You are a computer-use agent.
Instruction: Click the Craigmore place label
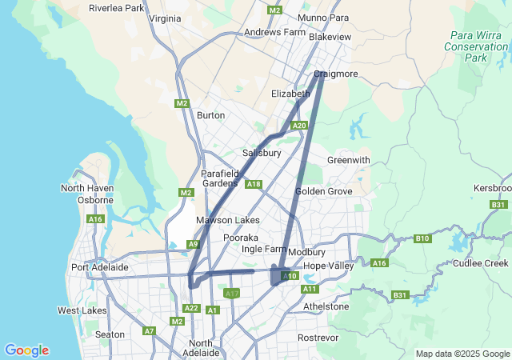pyautogui.click(x=336, y=74)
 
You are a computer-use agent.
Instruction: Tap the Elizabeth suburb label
pyautogui.click(x=290, y=94)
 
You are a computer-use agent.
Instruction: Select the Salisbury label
pyautogui.click(x=262, y=153)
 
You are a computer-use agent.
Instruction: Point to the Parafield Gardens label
pyautogui.click(x=219, y=178)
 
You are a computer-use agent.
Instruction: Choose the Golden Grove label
pyautogui.click(x=322, y=191)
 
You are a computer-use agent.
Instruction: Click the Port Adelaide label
pyautogui.click(x=100, y=266)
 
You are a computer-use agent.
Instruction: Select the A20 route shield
pyautogui.click(x=299, y=126)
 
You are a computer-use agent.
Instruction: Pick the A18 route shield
pyautogui.click(x=254, y=185)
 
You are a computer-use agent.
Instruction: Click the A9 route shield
pyautogui.click(x=193, y=244)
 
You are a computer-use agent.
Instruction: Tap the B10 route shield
pyautogui.click(x=422, y=238)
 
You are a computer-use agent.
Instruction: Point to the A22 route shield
pyautogui.click(x=190, y=308)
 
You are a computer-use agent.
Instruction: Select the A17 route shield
pyautogui.click(x=232, y=294)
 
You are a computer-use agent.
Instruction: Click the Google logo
pyautogui.click(x=26, y=350)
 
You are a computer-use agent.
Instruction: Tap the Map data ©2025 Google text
pyautogui.click(x=462, y=354)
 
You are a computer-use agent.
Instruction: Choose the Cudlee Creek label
pyautogui.click(x=480, y=263)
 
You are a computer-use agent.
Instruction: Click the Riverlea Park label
pyautogui.click(x=116, y=8)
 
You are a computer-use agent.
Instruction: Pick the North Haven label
pyautogui.click(x=87, y=188)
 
